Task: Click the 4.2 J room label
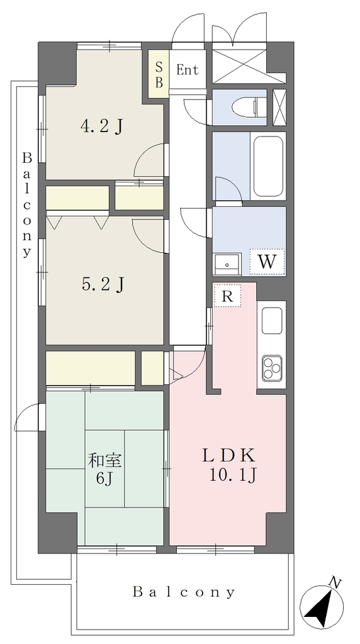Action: (x=102, y=126)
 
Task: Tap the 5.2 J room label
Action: (x=103, y=284)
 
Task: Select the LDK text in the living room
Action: (x=228, y=455)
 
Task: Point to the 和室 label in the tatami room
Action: (x=105, y=461)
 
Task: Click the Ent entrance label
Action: (x=188, y=70)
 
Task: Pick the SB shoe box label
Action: (x=159, y=74)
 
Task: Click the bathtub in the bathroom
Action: (x=268, y=167)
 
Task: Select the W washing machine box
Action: (x=267, y=261)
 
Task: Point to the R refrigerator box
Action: (x=227, y=296)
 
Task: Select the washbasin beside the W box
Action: (x=227, y=265)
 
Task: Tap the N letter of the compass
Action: (x=335, y=582)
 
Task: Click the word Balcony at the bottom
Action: (x=184, y=592)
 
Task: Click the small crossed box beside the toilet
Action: (x=279, y=107)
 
